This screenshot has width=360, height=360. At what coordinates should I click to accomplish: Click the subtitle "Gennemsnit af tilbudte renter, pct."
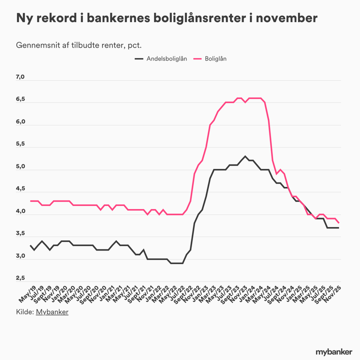tap(79, 45)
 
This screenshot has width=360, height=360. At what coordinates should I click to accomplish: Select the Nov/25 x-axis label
tap(334, 294)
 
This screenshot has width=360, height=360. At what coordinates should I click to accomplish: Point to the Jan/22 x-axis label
tap(154, 294)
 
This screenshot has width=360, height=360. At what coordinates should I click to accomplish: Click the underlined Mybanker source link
tap(52, 312)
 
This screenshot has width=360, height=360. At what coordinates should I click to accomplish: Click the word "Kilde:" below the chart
tap(25, 312)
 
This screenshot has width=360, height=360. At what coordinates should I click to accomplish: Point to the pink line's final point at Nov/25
tap(339, 223)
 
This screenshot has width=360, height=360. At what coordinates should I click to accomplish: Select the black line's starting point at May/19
tap(31, 245)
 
